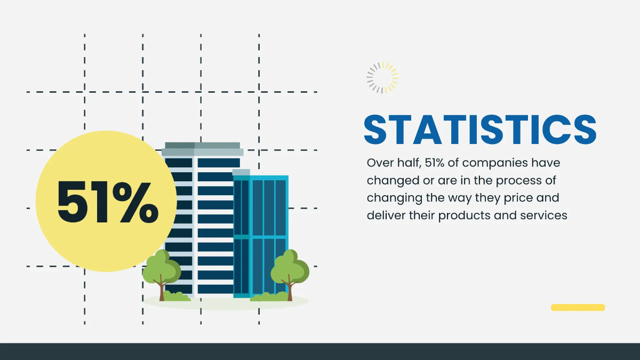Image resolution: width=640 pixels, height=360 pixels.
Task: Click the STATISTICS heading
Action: click(x=479, y=129)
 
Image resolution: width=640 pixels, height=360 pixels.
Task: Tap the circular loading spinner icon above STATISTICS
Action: click(x=382, y=78)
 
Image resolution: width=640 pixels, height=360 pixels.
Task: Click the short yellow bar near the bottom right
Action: click(x=578, y=307)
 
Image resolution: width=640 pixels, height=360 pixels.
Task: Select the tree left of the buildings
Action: click(x=162, y=269)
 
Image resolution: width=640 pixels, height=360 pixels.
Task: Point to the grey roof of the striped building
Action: click(x=202, y=149)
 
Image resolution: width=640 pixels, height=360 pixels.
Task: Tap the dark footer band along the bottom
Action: click(x=320, y=351)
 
